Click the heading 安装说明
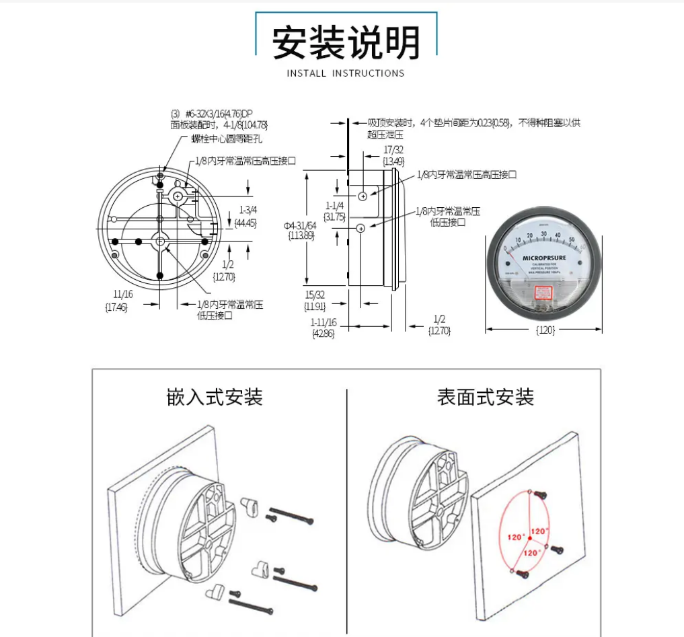346,42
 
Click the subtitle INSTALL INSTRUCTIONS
346,73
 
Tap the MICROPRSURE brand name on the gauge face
543,257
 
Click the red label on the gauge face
543,293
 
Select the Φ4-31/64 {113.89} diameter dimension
299,229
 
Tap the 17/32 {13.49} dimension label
393,155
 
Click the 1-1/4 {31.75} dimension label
334,211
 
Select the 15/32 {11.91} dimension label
314,301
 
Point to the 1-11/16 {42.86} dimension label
323,328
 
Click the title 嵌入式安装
215,397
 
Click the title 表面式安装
486,397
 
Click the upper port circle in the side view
363,196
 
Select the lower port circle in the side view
360,229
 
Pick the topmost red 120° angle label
539,531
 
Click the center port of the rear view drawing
160,241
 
